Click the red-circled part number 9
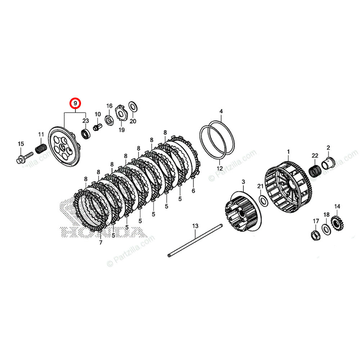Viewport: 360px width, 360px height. pyautogui.click(x=76, y=104)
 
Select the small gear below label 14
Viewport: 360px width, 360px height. pyautogui.click(x=338, y=223)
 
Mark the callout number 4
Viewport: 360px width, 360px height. pyautogui.click(x=221, y=111)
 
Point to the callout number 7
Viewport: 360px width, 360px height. pyautogui.click(x=100, y=242)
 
